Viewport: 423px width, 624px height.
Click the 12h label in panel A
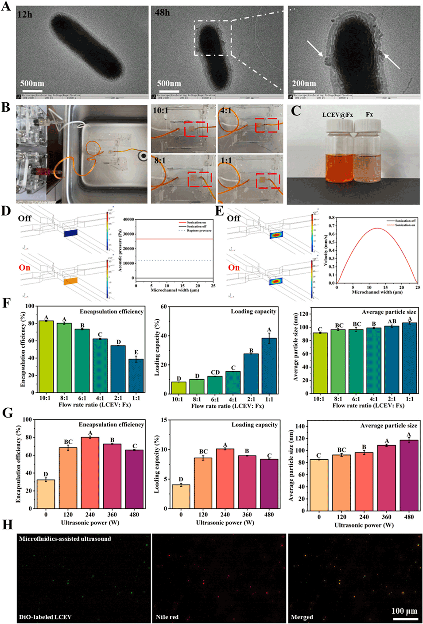[x=25, y=15]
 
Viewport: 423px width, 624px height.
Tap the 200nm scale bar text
[x=304, y=83]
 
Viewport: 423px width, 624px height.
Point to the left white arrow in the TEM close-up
[x=315, y=49]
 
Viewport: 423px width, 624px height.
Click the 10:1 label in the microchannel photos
[x=160, y=110]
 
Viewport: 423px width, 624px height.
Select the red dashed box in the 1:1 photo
[x=268, y=180]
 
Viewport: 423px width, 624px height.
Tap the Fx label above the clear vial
[x=369, y=115]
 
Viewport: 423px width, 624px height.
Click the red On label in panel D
[x=24, y=267]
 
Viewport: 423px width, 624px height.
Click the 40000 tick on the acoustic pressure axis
[x=128, y=220]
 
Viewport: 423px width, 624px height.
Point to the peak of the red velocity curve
[x=376, y=229]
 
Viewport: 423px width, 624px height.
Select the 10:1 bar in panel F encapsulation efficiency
[x=46, y=357]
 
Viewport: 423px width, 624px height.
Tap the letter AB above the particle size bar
[x=392, y=322]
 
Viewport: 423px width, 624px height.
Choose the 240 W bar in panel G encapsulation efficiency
[x=90, y=473]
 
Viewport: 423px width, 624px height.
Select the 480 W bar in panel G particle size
[x=409, y=475]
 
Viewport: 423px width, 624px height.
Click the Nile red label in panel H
[x=167, y=617]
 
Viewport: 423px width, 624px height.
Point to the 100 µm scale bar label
[x=404, y=611]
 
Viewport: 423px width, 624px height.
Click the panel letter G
[x=8, y=413]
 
